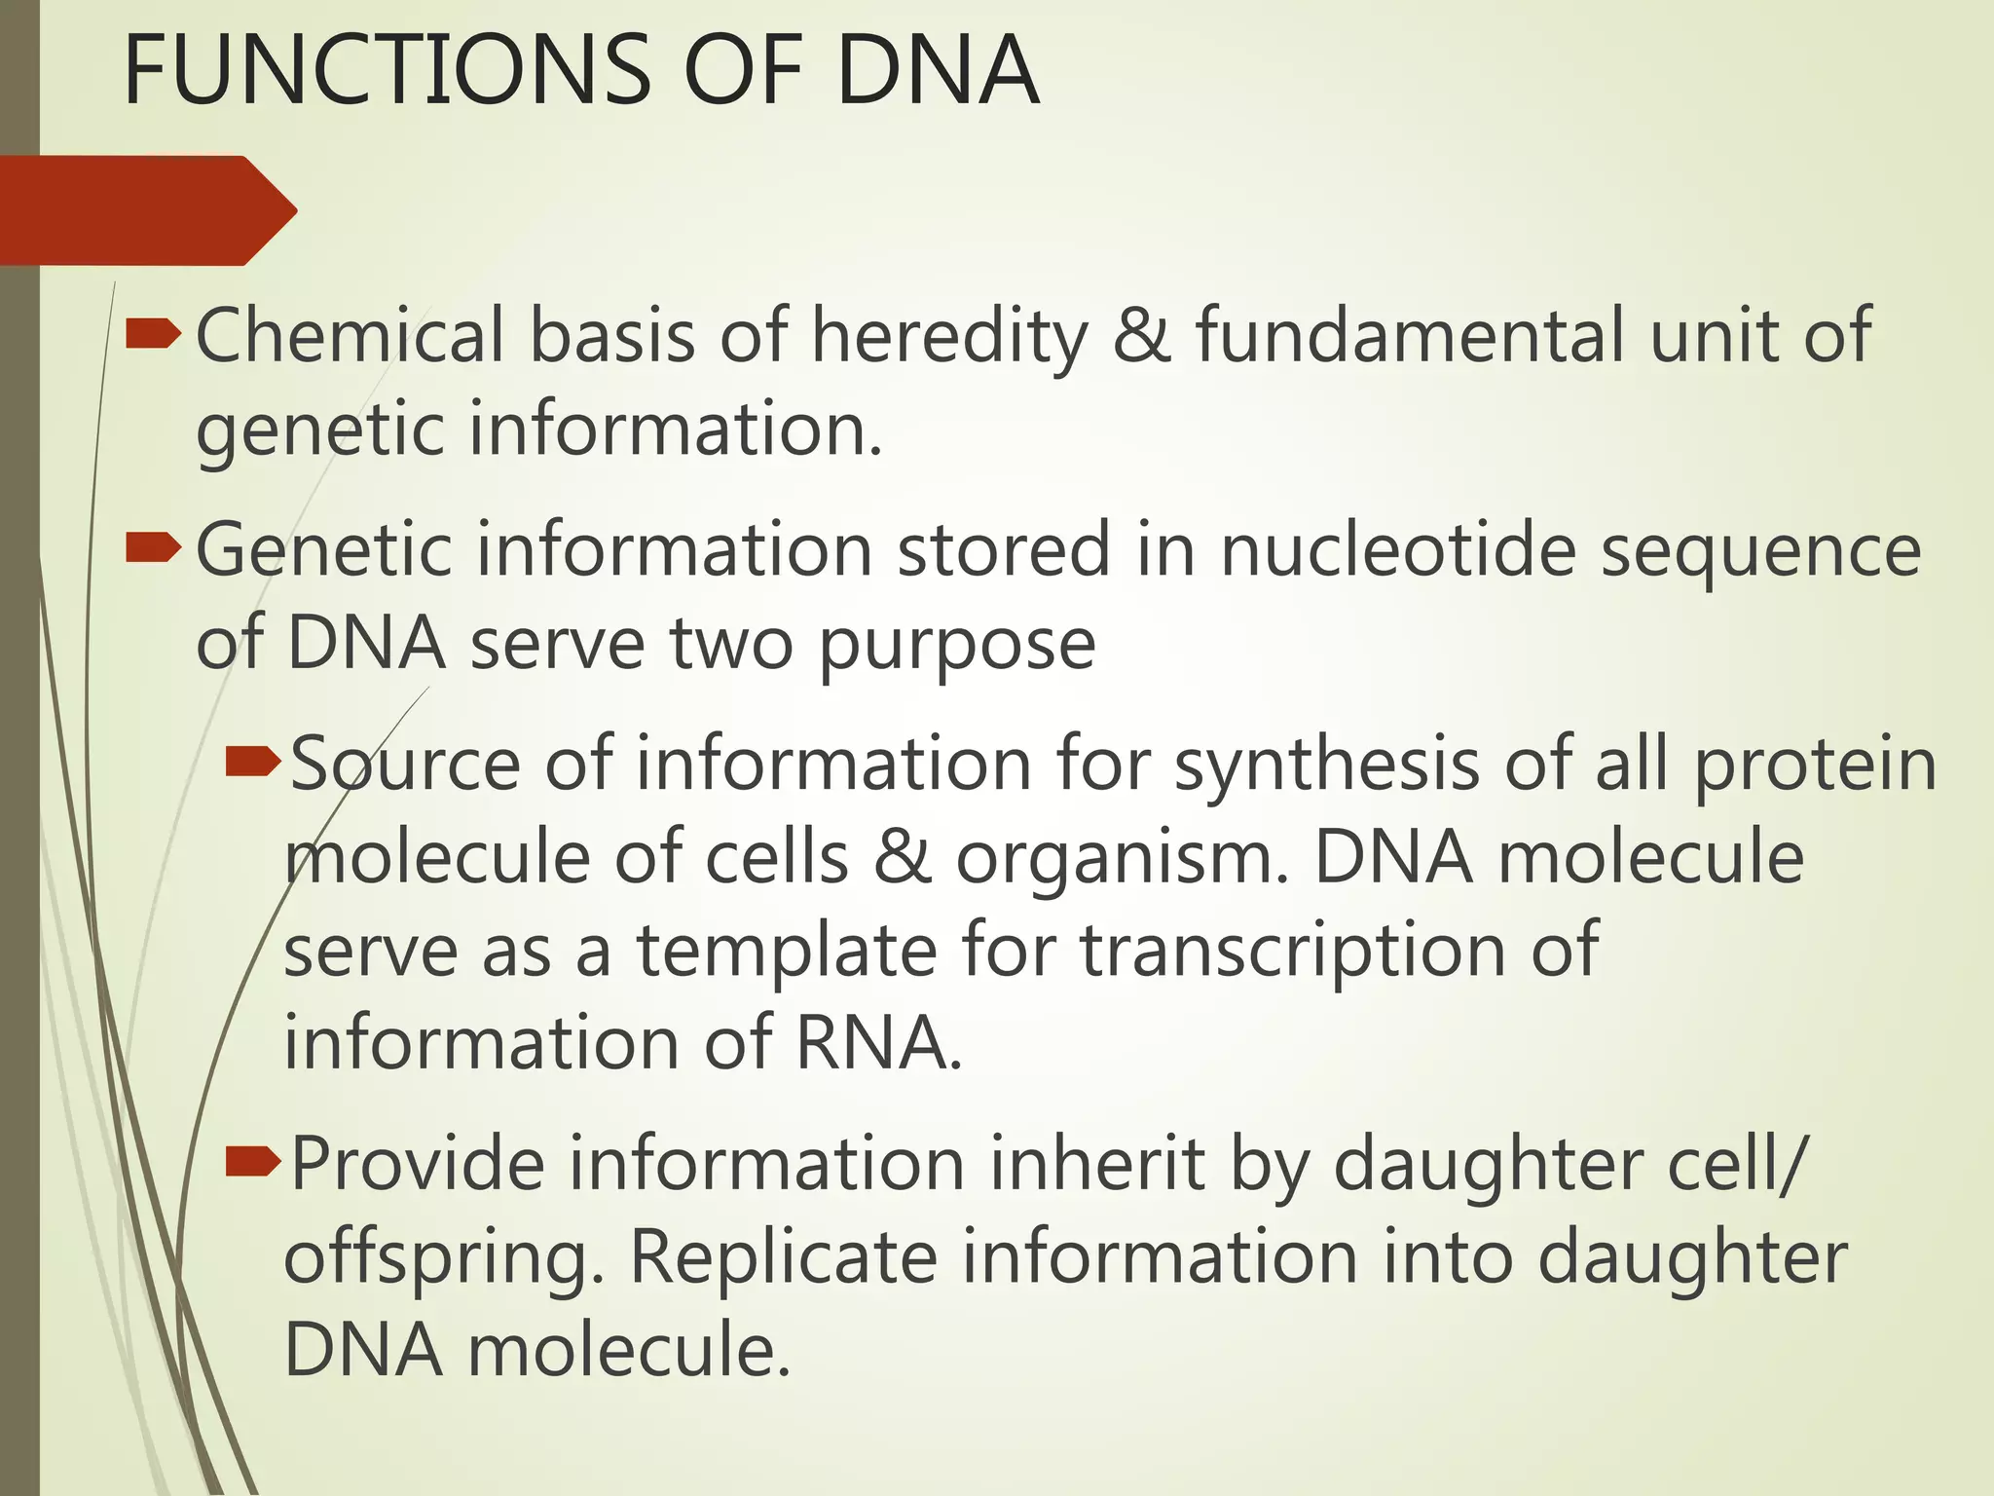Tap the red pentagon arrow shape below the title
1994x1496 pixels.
[146, 210]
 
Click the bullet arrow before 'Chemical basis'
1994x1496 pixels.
[153, 335]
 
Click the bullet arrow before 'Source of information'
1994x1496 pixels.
[252, 763]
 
